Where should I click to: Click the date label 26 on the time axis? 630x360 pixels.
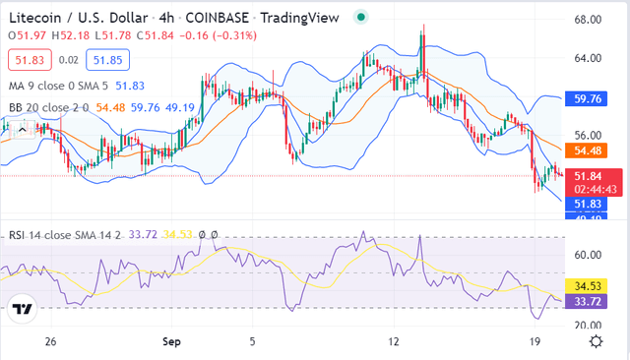(52, 340)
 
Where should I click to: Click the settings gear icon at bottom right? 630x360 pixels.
(597, 340)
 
